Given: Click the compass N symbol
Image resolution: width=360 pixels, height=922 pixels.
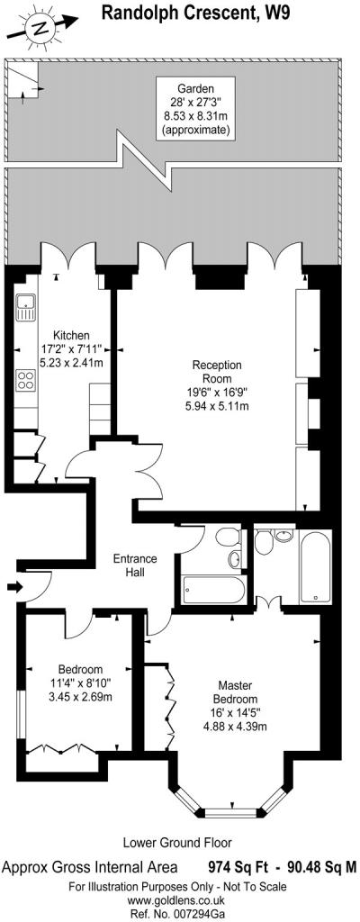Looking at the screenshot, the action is click(37, 28).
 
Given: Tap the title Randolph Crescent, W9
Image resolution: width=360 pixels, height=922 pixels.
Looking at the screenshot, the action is click(196, 13).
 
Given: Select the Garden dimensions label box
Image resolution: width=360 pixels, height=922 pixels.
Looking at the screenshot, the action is click(193, 110).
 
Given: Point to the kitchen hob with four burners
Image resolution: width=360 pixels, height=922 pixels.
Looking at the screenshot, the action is click(26, 380).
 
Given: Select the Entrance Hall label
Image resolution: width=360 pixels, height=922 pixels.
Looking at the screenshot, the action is click(135, 565).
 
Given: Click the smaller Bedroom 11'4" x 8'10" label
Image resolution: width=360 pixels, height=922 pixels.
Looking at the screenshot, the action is click(80, 682).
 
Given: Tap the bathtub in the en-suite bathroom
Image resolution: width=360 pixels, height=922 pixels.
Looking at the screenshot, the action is click(317, 566).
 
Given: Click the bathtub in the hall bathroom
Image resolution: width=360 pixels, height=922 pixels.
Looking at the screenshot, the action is click(213, 591).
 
